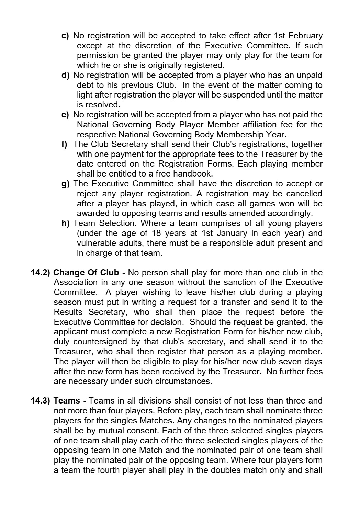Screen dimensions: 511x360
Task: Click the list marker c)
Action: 65,36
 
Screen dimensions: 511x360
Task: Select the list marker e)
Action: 65,115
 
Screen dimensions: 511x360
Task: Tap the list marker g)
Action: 65,184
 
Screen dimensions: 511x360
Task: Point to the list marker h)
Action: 65,224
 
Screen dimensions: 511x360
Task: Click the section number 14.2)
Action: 41,273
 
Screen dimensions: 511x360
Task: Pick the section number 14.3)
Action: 41,401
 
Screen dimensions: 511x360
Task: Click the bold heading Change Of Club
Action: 86,273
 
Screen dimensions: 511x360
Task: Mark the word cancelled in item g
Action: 304,194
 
